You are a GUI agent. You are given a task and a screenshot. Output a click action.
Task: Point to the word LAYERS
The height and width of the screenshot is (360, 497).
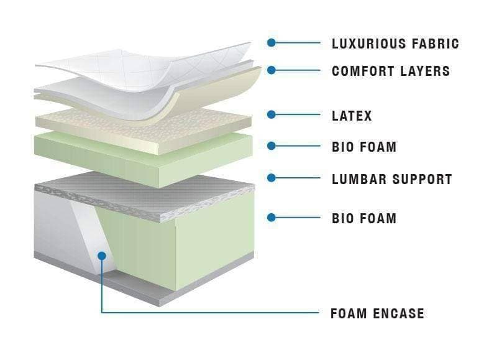point(425,71)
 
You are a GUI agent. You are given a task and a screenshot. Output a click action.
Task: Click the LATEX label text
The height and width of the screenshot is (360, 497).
point(352,116)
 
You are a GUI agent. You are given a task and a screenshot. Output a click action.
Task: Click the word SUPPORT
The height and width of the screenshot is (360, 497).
point(423,180)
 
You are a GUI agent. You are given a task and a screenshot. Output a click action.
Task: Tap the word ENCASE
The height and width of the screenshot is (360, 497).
point(398,313)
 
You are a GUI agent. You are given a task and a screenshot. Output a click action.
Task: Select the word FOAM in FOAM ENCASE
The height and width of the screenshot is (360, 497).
point(349,313)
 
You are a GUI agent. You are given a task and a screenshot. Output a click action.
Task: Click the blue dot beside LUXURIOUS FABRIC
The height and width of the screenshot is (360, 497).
point(271,42)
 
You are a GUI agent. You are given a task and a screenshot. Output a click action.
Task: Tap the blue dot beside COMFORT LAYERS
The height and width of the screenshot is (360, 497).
point(271,70)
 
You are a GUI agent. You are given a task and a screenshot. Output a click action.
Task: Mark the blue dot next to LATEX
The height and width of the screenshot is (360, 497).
point(271,114)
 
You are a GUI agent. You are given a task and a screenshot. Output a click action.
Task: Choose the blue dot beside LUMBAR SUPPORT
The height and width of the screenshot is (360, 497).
point(271,178)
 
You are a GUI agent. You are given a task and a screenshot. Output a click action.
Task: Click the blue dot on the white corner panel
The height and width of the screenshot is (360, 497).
point(102,256)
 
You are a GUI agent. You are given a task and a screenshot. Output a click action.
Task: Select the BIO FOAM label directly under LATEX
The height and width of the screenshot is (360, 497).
point(364,147)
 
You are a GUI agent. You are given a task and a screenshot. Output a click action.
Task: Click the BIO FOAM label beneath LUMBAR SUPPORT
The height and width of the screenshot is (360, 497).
point(364,218)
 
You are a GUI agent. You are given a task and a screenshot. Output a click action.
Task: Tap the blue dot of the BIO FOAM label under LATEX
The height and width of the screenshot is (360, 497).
point(271,146)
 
